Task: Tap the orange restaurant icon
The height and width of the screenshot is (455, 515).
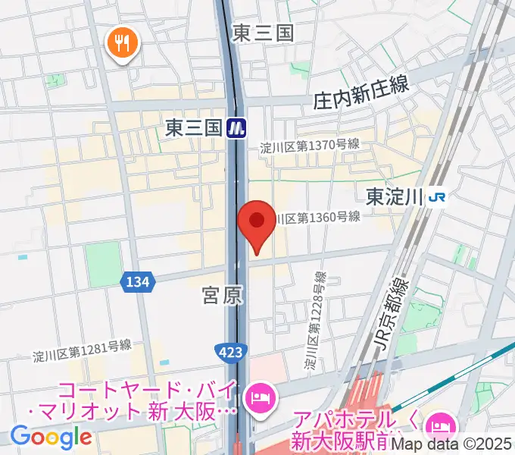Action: click(x=123, y=43)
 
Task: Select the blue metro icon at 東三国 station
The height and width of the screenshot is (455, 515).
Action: click(x=238, y=127)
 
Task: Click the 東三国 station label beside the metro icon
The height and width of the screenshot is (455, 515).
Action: click(x=192, y=127)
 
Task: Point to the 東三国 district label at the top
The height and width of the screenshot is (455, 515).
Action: click(x=262, y=33)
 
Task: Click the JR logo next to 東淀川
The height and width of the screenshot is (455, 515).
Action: click(x=437, y=197)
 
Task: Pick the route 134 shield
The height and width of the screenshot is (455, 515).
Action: click(x=137, y=282)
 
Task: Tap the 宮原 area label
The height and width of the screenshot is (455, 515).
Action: click(x=223, y=296)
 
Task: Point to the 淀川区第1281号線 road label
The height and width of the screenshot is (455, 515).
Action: click(x=82, y=351)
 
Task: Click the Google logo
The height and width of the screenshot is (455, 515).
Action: click(x=51, y=438)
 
